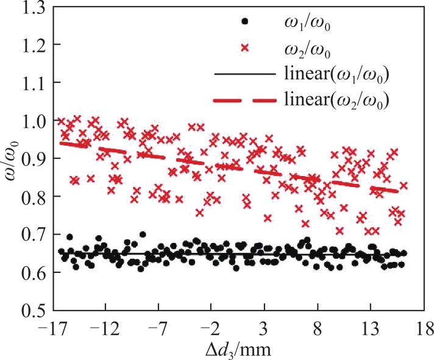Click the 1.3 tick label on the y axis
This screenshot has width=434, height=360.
pyautogui.click(x=34, y=8)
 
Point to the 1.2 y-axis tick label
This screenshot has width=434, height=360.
pyautogui.click(x=34, y=44)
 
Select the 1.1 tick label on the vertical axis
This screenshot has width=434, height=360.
pyautogui.click(x=34, y=83)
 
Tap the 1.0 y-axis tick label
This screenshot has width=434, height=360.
pyautogui.click(x=34, y=121)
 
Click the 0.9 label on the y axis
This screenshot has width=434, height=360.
pyautogui.click(x=34, y=159)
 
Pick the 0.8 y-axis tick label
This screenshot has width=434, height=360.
pyautogui.click(x=34, y=197)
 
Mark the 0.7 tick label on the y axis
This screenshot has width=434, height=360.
pyautogui.click(x=34, y=235)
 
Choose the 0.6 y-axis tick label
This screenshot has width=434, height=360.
pyautogui.click(x=34, y=273)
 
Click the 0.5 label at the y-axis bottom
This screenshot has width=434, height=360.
pyautogui.click(x=34, y=310)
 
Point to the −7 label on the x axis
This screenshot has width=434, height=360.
pyautogui.click(x=157, y=329)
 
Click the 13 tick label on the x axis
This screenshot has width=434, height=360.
pyautogui.click(x=371, y=329)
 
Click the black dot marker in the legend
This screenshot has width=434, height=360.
pyautogui.click(x=244, y=21)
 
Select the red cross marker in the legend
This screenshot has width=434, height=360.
pyautogui.click(x=245, y=48)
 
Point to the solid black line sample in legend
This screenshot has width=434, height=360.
pyautogui.click(x=244, y=74)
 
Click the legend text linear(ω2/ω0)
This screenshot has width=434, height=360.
pyautogui.click(x=336, y=100)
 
